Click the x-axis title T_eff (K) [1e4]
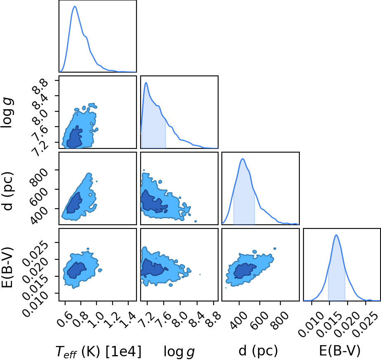pos(99,351)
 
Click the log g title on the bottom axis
pos(179,352)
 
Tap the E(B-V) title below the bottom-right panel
pos(339,351)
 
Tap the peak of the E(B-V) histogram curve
pos(336,235)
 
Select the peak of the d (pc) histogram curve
pos(242,159)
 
